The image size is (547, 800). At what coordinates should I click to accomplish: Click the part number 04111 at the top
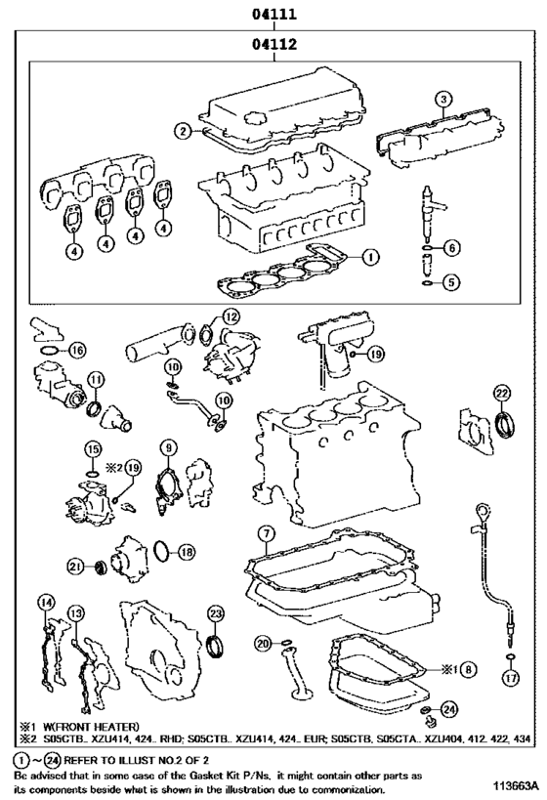click(x=274, y=14)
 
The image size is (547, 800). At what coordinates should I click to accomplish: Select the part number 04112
click(x=274, y=44)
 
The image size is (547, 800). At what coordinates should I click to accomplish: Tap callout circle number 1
click(x=370, y=257)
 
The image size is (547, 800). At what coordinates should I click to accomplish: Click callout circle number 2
click(x=182, y=131)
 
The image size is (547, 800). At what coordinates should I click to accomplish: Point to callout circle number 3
click(x=443, y=99)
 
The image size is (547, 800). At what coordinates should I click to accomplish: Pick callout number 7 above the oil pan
click(x=266, y=534)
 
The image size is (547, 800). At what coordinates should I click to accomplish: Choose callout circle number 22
click(x=502, y=393)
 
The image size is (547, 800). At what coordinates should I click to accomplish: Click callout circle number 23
click(x=216, y=613)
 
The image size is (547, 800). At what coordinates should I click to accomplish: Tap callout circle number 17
click(x=510, y=678)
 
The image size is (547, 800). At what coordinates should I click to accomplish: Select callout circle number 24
click(x=448, y=709)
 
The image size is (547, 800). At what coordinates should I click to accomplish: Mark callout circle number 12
click(x=231, y=317)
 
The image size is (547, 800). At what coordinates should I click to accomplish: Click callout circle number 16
click(x=76, y=350)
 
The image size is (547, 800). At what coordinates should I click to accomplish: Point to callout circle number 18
click(x=187, y=552)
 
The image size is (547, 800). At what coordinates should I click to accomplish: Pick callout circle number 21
click(x=75, y=566)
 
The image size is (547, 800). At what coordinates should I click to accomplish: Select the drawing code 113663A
click(x=515, y=784)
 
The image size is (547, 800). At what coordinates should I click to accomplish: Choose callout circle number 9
click(x=168, y=448)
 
